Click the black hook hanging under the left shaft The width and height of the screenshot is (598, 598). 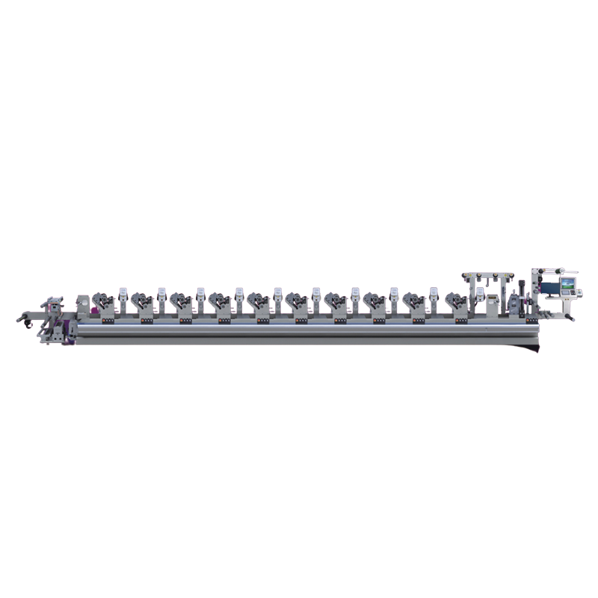click(x=28, y=324)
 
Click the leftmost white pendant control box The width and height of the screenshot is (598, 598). click(x=123, y=293)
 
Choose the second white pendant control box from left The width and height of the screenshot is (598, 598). click(x=162, y=293)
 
